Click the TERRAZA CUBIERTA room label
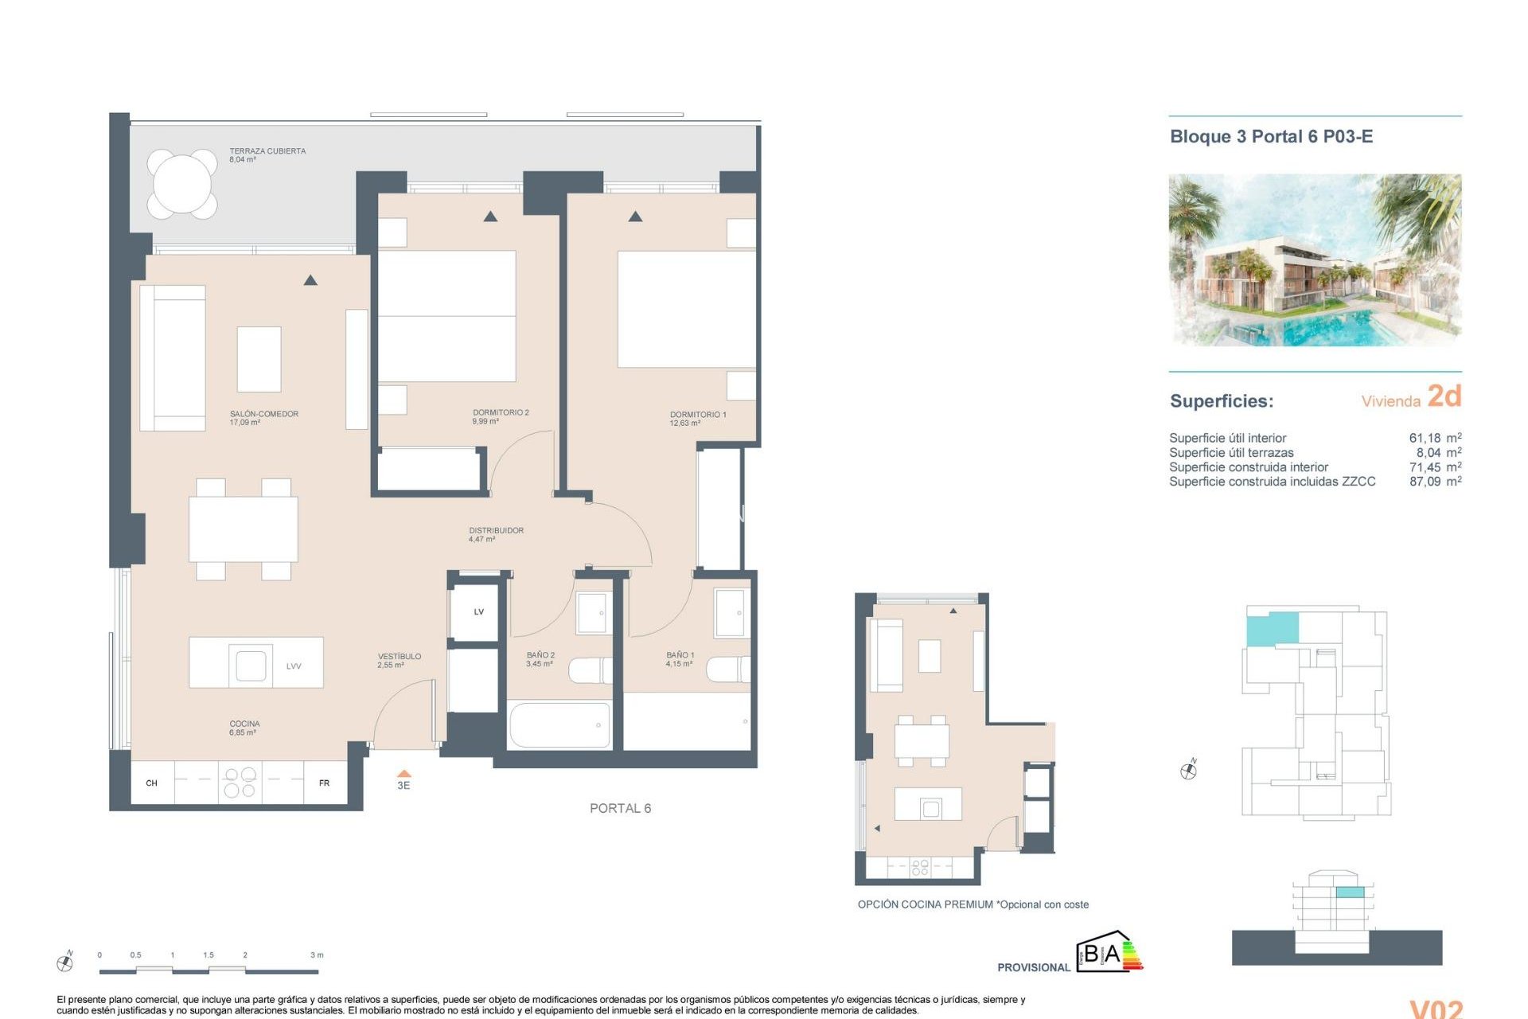267,151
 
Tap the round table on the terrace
182,184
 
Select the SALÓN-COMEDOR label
263,414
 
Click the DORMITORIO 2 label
500,412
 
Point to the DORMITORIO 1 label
697,415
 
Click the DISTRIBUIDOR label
496,530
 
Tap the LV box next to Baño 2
477,611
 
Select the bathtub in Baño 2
559,724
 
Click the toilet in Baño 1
727,670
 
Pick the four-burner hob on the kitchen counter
240,782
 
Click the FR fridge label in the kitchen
324,783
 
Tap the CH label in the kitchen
151,783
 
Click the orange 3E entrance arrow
403,774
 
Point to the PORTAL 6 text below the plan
620,808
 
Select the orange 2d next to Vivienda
1444,396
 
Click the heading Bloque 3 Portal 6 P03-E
1271,136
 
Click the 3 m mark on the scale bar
317,955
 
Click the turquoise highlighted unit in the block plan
1271,628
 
